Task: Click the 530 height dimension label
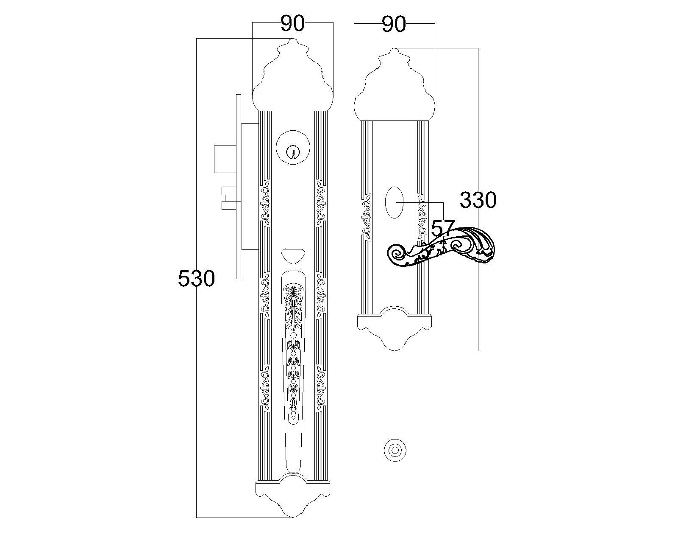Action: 196,278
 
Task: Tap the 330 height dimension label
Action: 478,200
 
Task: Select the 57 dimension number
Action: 443,228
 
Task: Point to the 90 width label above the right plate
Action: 394,24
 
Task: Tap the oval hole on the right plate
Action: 394,202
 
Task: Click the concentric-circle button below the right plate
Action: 395,450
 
